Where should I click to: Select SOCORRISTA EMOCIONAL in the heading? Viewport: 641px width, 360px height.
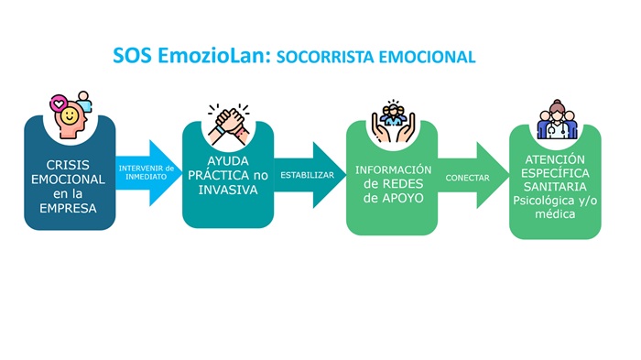[375, 57]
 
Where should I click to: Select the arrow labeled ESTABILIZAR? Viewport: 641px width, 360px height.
[307, 174]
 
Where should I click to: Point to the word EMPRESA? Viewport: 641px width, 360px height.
[69, 207]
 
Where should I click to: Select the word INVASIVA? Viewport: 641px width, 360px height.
[228, 191]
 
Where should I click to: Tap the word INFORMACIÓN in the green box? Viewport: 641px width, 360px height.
[394, 169]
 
